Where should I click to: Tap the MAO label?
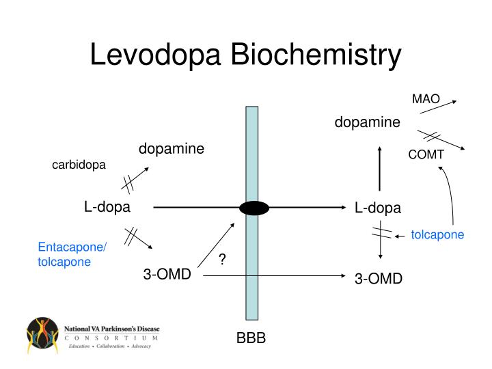tap(426, 99)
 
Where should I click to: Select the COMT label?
tap(426, 155)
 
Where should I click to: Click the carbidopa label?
tap(79, 165)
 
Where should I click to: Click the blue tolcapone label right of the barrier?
tap(437, 235)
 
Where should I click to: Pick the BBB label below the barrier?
tap(251, 339)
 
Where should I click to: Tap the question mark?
tap(223, 260)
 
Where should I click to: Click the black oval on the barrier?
tap(253, 207)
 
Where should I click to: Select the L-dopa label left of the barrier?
tap(107, 206)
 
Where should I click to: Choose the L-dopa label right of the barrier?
tap(378, 208)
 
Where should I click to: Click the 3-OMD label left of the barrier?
tap(167, 275)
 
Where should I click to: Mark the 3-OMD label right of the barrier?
tap(379, 279)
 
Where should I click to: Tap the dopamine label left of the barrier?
tap(172, 148)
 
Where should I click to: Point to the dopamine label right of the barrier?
tap(367, 122)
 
